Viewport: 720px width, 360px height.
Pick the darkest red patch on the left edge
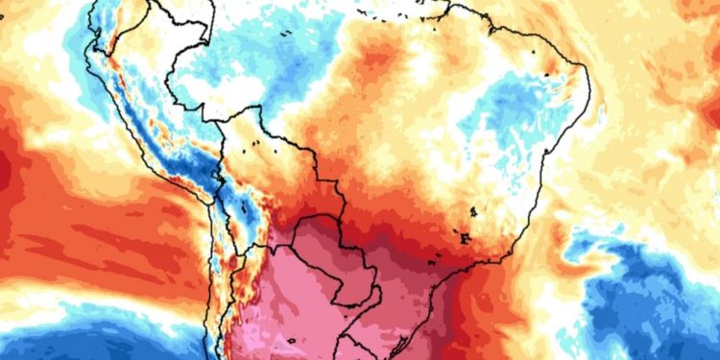point(8,173)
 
